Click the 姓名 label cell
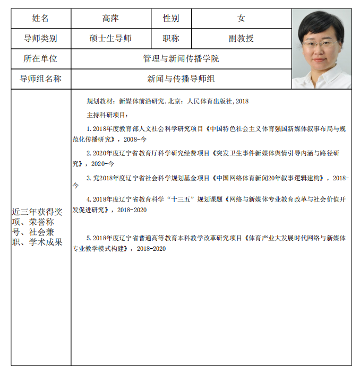click(40, 19)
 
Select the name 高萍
click(110, 19)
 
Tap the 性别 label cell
click(171, 19)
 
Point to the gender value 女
click(241, 19)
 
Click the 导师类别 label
click(40, 38)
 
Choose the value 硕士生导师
click(110, 38)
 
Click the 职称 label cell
click(171, 38)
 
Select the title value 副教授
click(241, 38)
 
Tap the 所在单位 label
click(40, 58)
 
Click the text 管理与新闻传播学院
click(181, 58)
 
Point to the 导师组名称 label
click(40, 79)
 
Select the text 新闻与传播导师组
click(181, 79)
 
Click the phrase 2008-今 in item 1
click(134, 139)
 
